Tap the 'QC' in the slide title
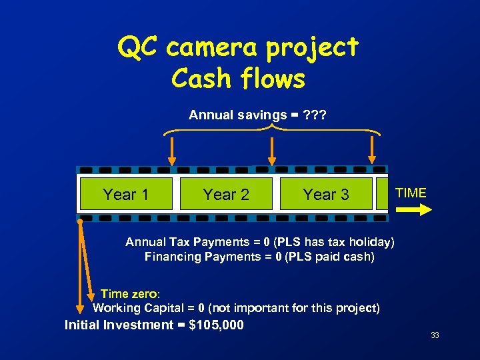coord(139,47)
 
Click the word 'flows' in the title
coord(273,79)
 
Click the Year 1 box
coord(126,194)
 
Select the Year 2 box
coord(226,194)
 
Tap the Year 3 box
coord(326,194)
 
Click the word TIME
coord(411,193)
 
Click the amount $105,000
coord(217,325)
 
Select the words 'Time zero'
coord(129,294)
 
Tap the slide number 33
coord(435,335)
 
